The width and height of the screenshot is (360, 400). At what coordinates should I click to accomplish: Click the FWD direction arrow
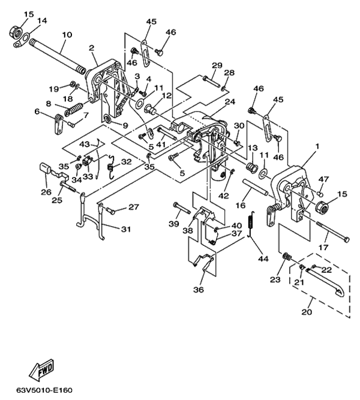[x=41, y=369]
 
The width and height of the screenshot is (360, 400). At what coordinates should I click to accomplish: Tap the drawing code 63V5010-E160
[x=44, y=390]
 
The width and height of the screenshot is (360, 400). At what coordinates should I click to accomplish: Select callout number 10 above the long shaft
[x=67, y=35]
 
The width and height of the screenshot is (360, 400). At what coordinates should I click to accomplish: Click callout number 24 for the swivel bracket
[x=230, y=101]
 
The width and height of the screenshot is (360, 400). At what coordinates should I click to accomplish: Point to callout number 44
[x=263, y=258]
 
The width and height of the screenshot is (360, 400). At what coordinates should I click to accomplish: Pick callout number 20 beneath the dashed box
[x=307, y=312]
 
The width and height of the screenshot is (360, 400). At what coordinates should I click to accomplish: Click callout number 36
[x=199, y=290]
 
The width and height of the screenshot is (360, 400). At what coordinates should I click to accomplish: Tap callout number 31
[x=126, y=229]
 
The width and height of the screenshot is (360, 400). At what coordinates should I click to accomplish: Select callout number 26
[x=46, y=192]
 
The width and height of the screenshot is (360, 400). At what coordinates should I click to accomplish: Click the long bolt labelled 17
[x=332, y=231]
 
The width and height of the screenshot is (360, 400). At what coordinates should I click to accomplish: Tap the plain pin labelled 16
[x=256, y=187]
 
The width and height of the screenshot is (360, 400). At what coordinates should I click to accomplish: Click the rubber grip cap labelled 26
[x=46, y=168]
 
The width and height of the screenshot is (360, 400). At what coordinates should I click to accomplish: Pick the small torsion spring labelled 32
[x=111, y=167]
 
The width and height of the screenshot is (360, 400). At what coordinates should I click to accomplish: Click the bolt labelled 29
[x=211, y=81]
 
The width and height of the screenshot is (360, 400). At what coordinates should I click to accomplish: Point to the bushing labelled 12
[x=151, y=110]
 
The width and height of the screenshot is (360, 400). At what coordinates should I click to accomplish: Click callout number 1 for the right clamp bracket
[x=317, y=146]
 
